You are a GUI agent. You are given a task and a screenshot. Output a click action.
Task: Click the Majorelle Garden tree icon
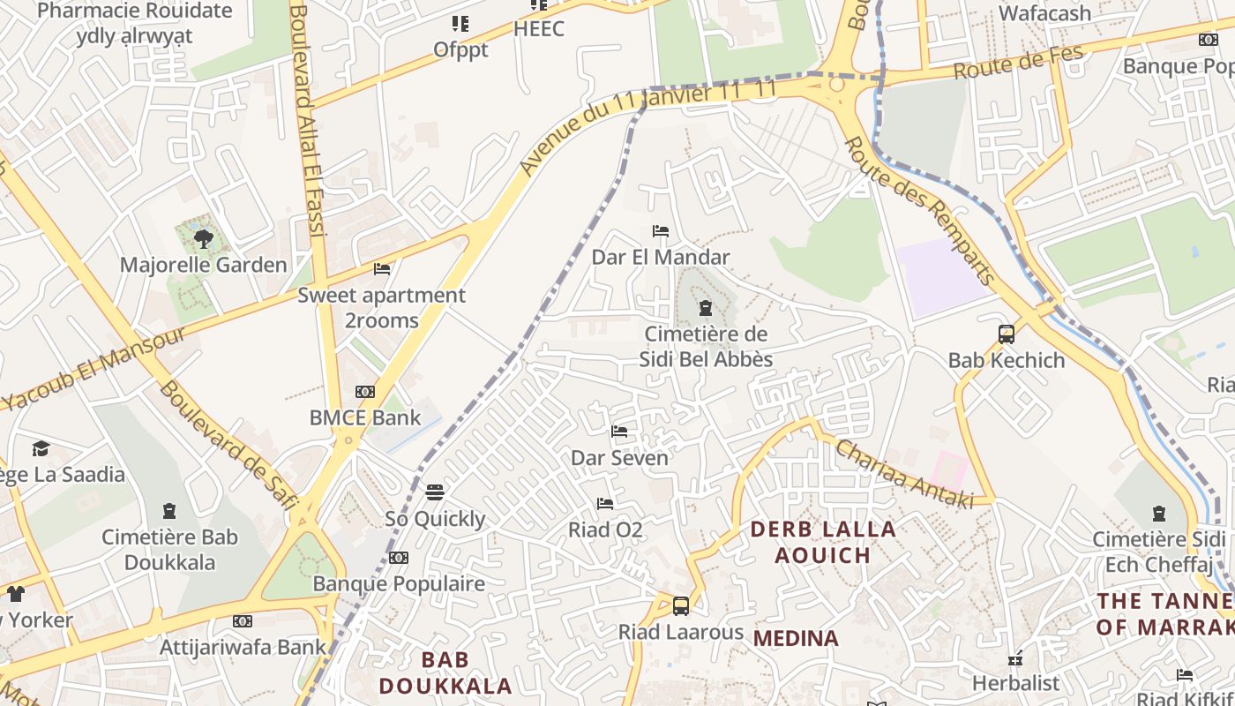pyautogui.click(x=204, y=238)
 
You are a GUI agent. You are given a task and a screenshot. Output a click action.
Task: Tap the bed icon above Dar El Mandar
pyautogui.click(x=660, y=231)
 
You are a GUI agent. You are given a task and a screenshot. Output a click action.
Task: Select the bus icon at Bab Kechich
pyautogui.click(x=1007, y=334)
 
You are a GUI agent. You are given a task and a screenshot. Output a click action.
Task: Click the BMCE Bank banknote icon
pyautogui.click(x=365, y=392)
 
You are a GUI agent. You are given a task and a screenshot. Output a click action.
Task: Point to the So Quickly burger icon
pyautogui.click(x=435, y=492)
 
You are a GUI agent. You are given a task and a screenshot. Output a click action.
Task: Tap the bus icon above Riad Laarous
pyautogui.click(x=681, y=606)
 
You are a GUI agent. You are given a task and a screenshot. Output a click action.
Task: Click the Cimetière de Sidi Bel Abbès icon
pyautogui.click(x=705, y=308)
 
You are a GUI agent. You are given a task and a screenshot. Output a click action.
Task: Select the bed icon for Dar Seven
pyautogui.click(x=619, y=432)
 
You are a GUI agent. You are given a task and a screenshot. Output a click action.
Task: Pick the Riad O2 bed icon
pyautogui.click(x=604, y=504)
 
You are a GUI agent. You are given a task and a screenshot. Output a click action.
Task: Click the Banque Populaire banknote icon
pyautogui.click(x=399, y=558)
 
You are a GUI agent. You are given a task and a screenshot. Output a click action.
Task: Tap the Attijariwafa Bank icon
pyautogui.click(x=243, y=621)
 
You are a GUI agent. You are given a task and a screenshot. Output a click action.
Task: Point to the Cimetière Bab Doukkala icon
pyautogui.click(x=169, y=511)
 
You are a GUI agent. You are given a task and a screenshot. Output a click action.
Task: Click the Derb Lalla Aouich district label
pyautogui.click(x=822, y=542)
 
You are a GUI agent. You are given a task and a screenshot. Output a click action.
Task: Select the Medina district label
pyautogui.click(x=797, y=638)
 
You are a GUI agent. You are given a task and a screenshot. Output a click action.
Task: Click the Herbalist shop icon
pyautogui.click(x=1015, y=658)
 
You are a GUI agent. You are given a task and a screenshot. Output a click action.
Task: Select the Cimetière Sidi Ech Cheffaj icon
pyautogui.click(x=1159, y=514)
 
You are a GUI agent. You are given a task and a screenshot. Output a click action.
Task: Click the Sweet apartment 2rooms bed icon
pyautogui.click(x=382, y=268)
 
